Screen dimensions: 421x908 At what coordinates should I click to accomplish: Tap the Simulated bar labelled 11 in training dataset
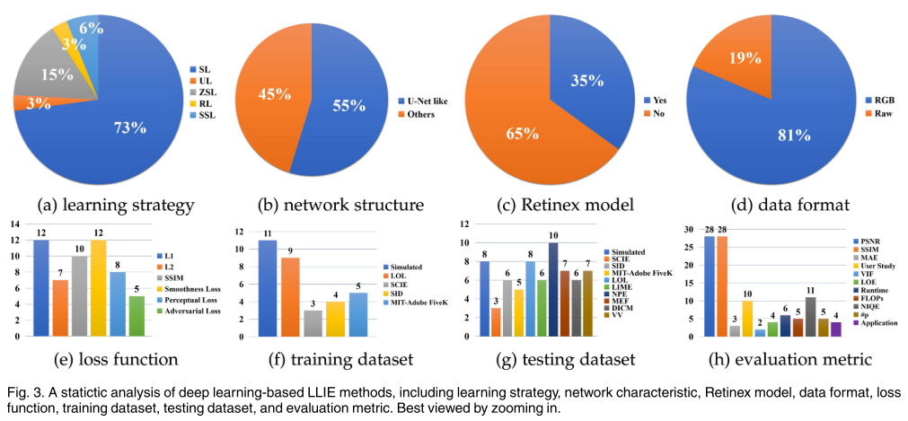[x=268, y=287]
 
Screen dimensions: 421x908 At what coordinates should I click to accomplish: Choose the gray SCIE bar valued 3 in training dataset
[x=313, y=322]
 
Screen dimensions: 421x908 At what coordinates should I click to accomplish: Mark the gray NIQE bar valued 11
[x=811, y=316]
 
